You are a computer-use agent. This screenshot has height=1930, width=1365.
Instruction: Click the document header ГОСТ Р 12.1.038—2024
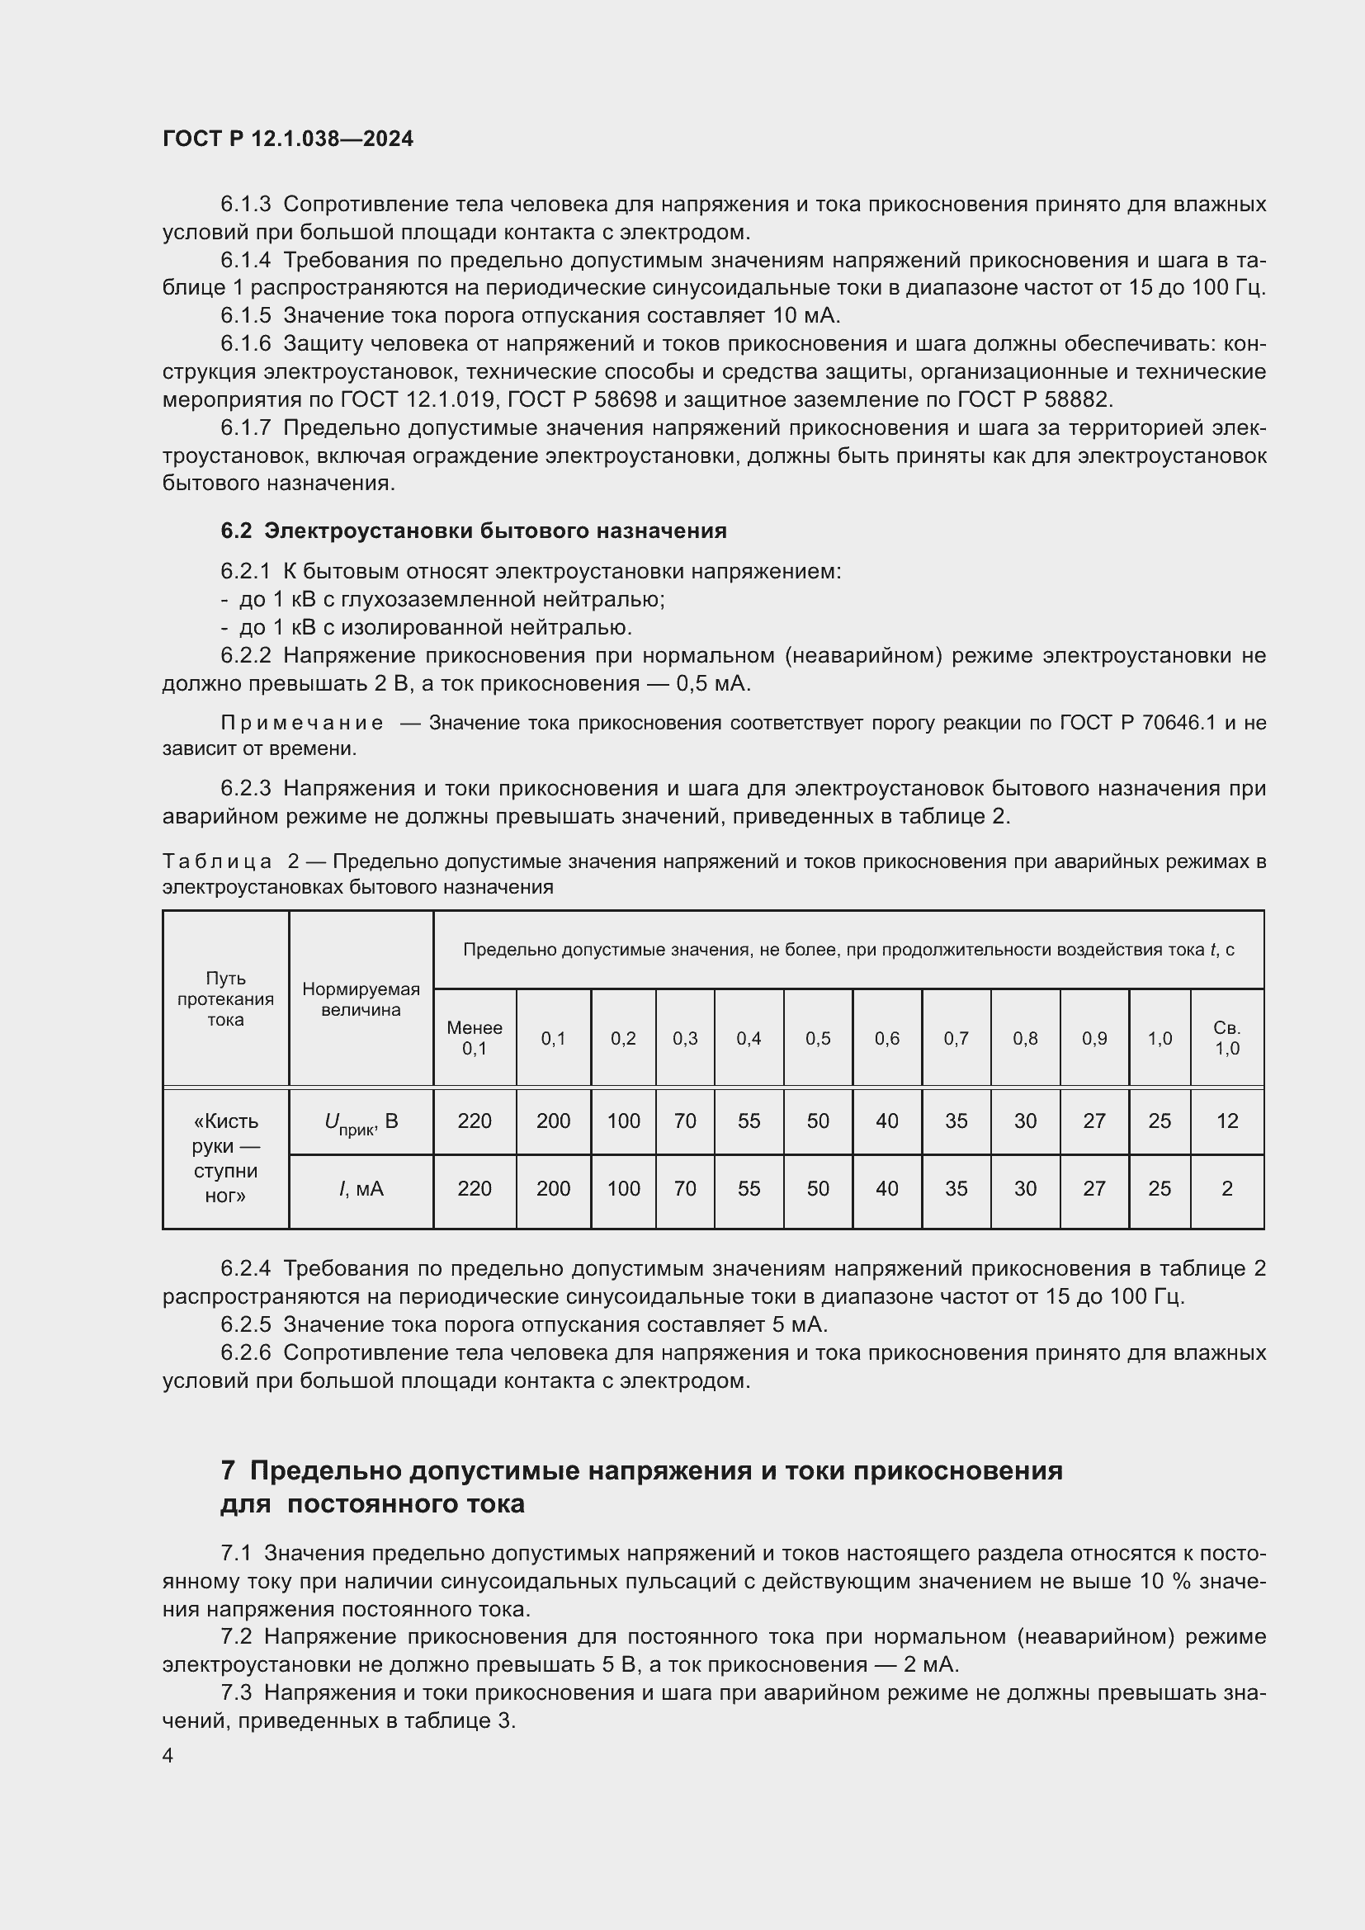point(287,139)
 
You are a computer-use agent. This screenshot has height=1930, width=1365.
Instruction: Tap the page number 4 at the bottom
point(168,1755)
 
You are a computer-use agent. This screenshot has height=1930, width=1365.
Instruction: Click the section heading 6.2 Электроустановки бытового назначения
point(473,531)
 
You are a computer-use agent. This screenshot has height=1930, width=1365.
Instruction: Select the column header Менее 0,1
point(474,1037)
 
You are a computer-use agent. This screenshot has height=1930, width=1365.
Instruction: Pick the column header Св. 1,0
point(1226,1037)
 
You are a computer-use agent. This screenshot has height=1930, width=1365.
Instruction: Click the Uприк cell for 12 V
point(1226,1121)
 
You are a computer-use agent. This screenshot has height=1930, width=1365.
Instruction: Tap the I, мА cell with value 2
point(1226,1188)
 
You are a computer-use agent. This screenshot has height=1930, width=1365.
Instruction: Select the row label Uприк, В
point(361,1121)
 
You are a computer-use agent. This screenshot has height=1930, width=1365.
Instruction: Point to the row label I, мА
point(361,1188)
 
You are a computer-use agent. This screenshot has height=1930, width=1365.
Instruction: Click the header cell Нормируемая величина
point(361,999)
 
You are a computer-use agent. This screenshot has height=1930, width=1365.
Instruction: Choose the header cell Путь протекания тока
point(225,998)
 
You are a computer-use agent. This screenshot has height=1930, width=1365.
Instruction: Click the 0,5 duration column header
point(818,1038)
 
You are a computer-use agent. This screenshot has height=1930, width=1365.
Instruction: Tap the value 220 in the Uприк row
point(474,1121)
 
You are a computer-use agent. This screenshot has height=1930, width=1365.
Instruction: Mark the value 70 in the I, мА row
point(685,1188)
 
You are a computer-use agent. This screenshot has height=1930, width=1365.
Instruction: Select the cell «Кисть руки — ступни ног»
point(225,1158)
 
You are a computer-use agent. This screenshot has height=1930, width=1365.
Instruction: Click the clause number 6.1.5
point(245,315)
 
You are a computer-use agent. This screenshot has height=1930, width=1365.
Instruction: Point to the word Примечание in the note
point(302,723)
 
